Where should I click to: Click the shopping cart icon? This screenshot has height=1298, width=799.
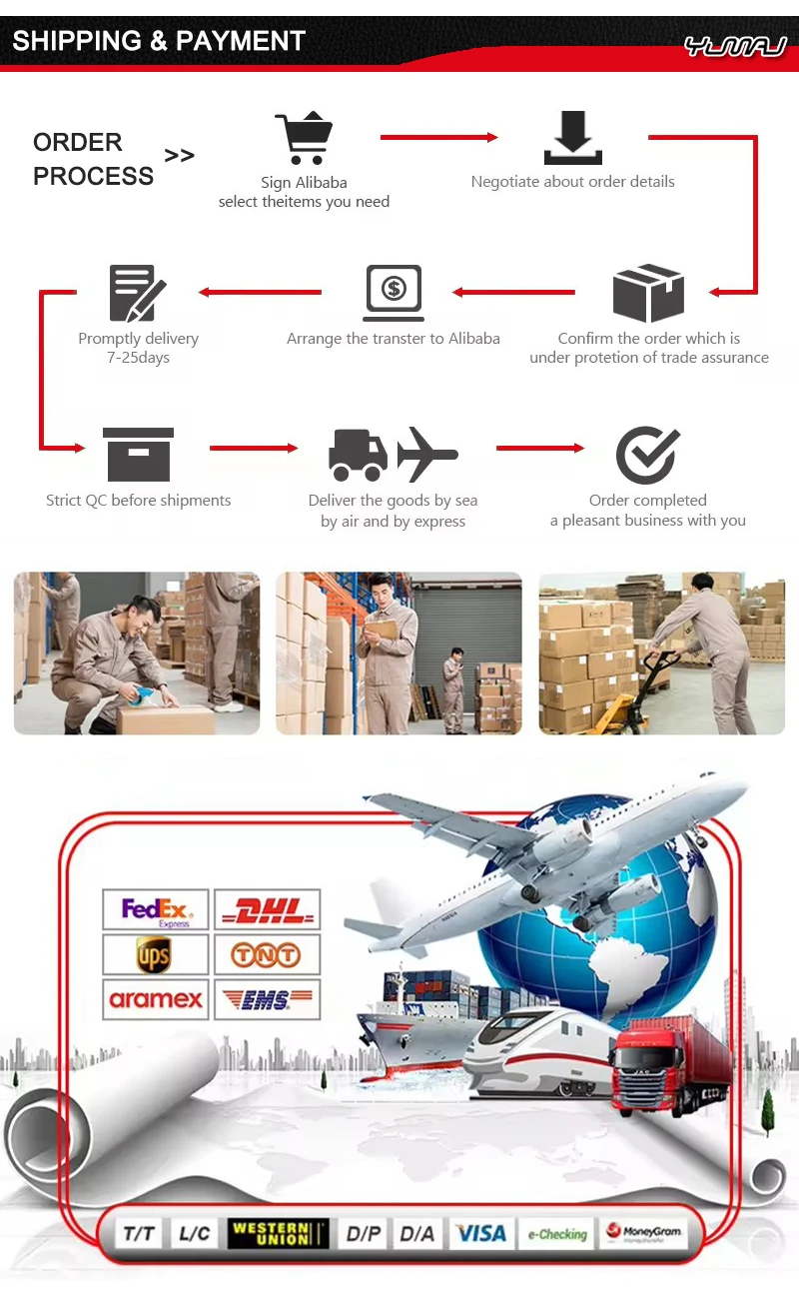tap(304, 138)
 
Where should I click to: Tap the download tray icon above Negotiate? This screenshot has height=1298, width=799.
tap(572, 138)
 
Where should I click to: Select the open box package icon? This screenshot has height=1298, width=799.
tap(648, 293)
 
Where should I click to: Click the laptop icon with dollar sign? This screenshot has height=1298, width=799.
tap(394, 291)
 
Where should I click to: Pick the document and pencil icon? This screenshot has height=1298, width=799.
tap(137, 293)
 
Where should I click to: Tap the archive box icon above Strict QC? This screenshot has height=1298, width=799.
tap(138, 455)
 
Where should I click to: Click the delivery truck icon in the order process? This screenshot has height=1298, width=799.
tap(358, 455)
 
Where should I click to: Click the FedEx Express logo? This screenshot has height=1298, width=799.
tap(156, 910)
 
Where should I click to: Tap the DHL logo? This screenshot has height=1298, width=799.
tap(267, 910)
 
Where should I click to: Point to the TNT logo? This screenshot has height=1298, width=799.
tap(267, 955)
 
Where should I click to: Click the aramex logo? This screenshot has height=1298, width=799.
tap(156, 999)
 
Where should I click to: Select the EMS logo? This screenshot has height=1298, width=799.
tap(267, 999)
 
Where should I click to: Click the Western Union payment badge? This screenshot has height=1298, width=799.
tap(279, 1233)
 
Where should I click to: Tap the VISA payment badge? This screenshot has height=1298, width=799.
tap(480, 1233)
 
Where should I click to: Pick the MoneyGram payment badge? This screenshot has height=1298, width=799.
tap(644, 1233)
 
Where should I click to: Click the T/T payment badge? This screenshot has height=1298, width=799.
tap(139, 1233)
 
